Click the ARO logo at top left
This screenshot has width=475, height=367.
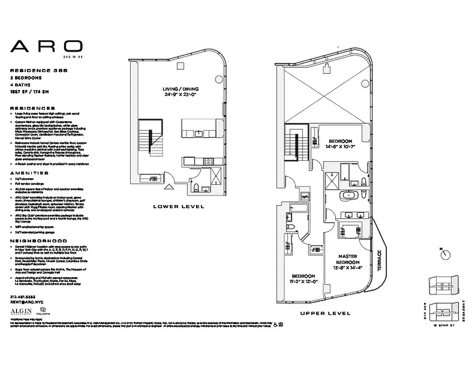pyautogui.click(x=46, y=46)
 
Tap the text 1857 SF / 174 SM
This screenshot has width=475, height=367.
pyautogui.click(x=29, y=92)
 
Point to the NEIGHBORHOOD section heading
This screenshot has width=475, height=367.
pyautogui.click(x=39, y=241)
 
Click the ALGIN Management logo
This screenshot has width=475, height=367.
pyautogui.click(x=21, y=312)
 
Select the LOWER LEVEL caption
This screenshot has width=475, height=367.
pyautogui.click(x=179, y=207)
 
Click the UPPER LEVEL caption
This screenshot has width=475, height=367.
pyautogui.click(x=325, y=314)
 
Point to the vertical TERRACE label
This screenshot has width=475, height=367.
pyautogui.click(x=379, y=261)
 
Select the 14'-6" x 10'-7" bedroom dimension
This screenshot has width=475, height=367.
pyautogui.click(x=341, y=146)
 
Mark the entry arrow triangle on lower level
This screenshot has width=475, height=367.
pyautogui.click(x=169, y=187)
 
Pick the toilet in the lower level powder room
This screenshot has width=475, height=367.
pyautogui.click(x=196, y=187)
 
